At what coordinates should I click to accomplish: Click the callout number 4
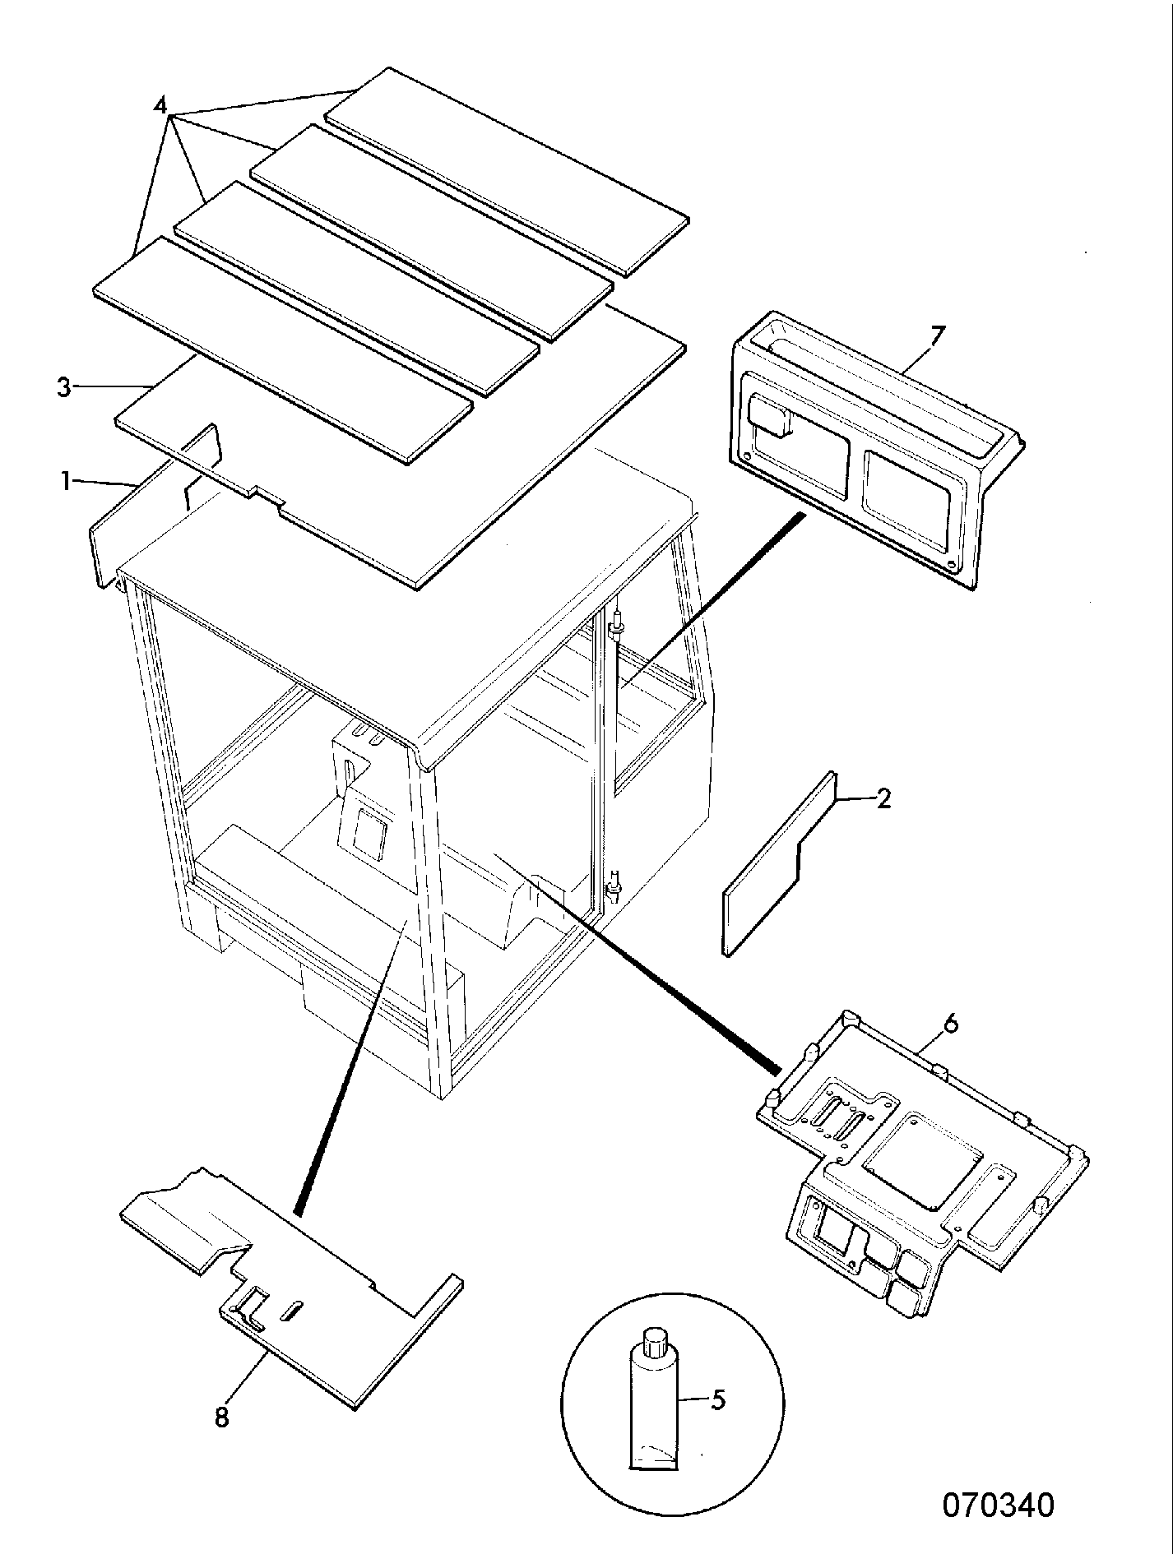pyautogui.click(x=160, y=106)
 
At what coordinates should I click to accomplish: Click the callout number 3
pyautogui.click(x=65, y=387)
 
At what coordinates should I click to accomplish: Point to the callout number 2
pyautogui.click(x=883, y=798)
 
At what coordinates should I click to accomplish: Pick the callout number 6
pyautogui.click(x=950, y=1024)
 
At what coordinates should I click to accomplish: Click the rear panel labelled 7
pyautogui.click(x=877, y=451)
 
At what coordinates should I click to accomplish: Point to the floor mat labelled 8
pyautogui.click(x=292, y=1288)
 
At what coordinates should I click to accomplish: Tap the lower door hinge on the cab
pyautogui.click(x=613, y=888)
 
